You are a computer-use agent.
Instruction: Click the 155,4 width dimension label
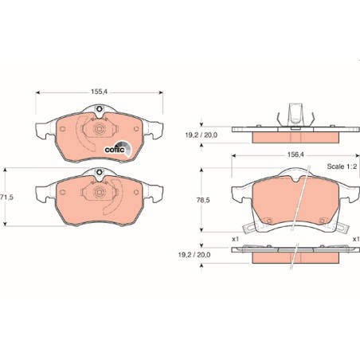(x=99, y=92)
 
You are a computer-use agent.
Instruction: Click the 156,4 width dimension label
(x=295, y=155)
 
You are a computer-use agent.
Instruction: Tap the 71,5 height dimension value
(x=6, y=198)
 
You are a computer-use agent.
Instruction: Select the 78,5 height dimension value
(x=203, y=200)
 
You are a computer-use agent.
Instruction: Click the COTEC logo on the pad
(x=118, y=149)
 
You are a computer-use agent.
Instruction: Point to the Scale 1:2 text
(x=342, y=166)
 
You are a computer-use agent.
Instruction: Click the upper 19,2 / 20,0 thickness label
(x=201, y=135)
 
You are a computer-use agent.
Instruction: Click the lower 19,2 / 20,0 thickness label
(x=194, y=255)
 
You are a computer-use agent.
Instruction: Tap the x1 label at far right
(x=356, y=239)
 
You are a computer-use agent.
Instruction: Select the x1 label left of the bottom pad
(x=235, y=239)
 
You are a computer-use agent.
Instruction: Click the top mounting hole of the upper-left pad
(x=100, y=109)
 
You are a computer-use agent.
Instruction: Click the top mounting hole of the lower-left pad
(x=100, y=172)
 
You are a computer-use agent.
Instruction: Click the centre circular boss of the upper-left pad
(x=100, y=129)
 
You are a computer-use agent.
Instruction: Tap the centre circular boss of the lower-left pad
(x=100, y=192)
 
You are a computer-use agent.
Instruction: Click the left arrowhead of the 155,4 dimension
(x=37, y=92)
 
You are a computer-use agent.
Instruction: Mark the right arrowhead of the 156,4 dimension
(x=358, y=155)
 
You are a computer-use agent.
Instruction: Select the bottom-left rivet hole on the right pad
(x=268, y=221)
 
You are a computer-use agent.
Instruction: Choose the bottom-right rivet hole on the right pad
(x=323, y=221)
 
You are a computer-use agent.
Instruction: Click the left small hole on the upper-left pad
(x=62, y=129)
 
